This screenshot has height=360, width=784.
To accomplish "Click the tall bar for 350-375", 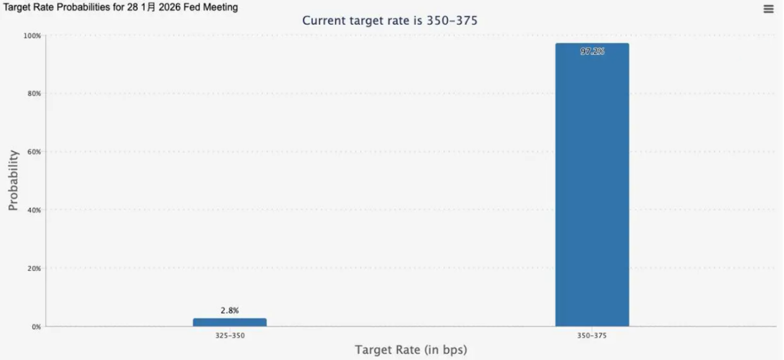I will pos(592,186).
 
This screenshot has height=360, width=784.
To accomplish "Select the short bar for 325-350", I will pos(230,322).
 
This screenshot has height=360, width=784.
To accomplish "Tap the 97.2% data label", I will pos(592,52).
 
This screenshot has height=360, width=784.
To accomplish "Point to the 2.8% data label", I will pos(230,311).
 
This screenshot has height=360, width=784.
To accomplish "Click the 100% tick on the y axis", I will pos(32,36).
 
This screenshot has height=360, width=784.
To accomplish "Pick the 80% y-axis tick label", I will pos(33,93).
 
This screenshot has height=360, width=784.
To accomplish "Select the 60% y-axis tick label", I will pos(33,152).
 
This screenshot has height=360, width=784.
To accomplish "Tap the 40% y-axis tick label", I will pos(33,210).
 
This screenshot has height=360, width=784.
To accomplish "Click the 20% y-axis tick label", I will pos(33,268).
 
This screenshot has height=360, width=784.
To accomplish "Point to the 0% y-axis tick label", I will pos(36,327).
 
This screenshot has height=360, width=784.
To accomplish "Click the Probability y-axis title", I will pos(14,180).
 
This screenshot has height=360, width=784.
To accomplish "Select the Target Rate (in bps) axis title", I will pos(411,350).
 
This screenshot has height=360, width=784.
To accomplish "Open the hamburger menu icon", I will pos(769,9).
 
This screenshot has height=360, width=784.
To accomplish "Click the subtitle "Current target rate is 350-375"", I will pos(390,21).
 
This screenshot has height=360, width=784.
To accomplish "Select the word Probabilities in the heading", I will pos(90,7).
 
